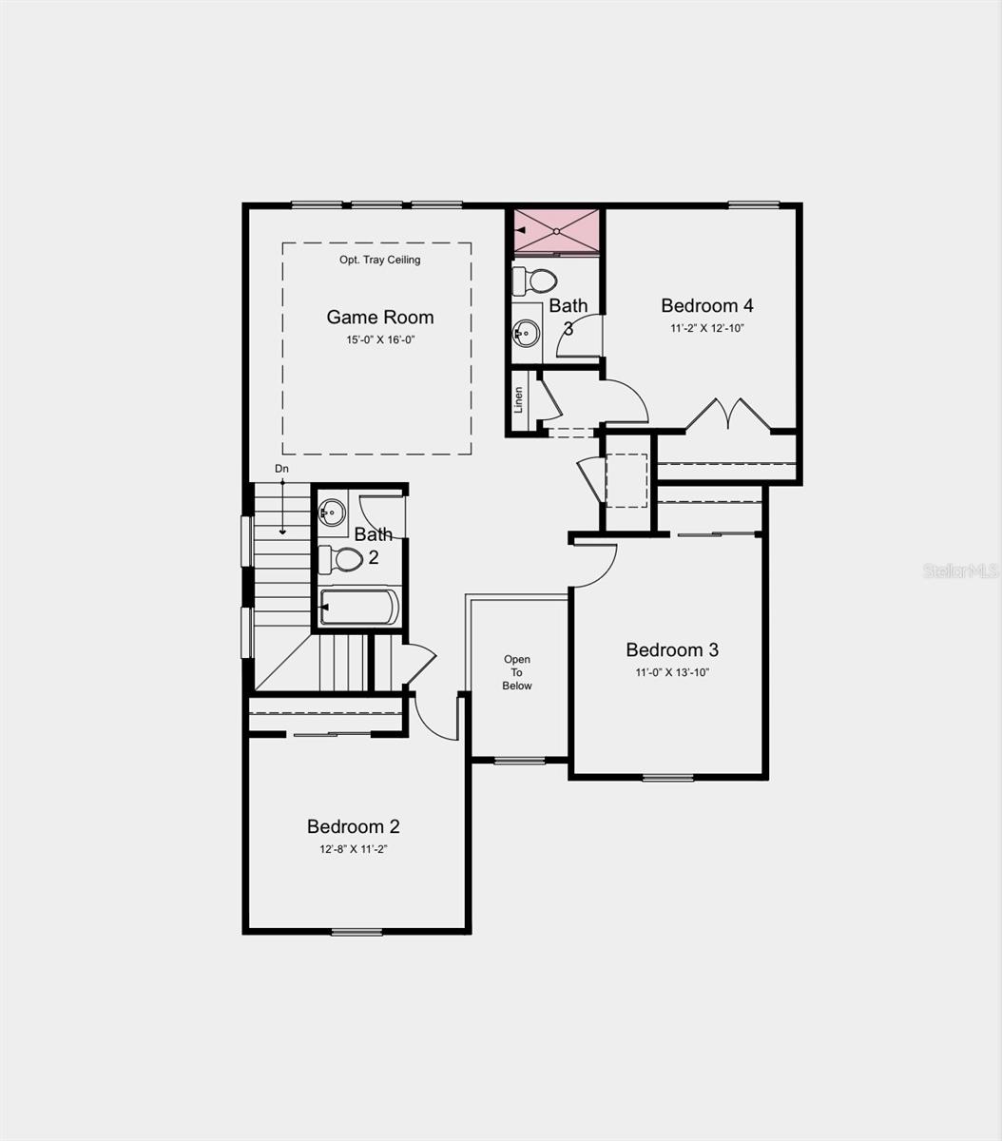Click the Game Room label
click(x=380, y=317)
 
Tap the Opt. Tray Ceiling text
click(x=379, y=260)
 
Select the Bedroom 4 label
click(x=707, y=305)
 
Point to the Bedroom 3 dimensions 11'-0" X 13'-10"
click(x=672, y=672)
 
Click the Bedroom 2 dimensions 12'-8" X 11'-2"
click(x=354, y=849)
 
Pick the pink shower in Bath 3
click(x=556, y=231)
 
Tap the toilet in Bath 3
click(x=534, y=280)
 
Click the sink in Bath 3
click(x=526, y=333)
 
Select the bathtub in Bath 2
click(x=359, y=607)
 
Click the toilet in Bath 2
click(x=340, y=559)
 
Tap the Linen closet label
click(x=518, y=399)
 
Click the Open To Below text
click(x=517, y=672)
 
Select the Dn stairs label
click(x=281, y=469)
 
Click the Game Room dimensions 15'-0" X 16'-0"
click(x=380, y=340)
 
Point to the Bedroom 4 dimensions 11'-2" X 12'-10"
click(x=707, y=328)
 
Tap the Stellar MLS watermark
click(x=961, y=571)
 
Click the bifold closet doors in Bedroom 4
click(x=727, y=415)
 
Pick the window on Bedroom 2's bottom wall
click(x=356, y=932)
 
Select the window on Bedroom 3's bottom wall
click(x=668, y=778)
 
